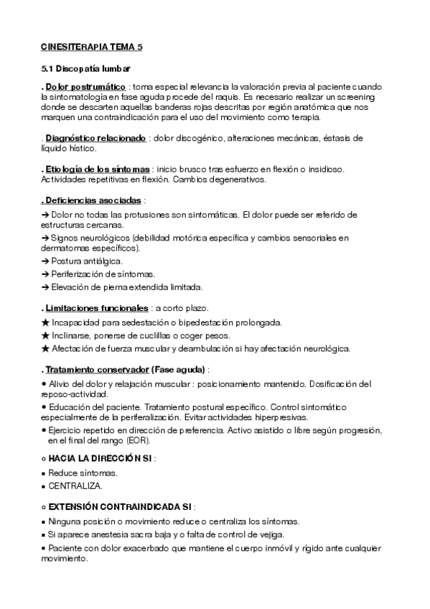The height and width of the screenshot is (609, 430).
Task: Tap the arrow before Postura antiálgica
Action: coord(45,261)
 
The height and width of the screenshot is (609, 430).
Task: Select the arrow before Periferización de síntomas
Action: coord(45,274)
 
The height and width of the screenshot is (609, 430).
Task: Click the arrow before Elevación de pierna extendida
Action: coord(45,287)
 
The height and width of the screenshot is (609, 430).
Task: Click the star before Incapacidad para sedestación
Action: coord(45,322)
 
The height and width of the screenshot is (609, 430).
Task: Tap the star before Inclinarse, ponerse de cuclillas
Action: coord(45,335)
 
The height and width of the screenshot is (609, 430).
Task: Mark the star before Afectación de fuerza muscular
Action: coord(45,349)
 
